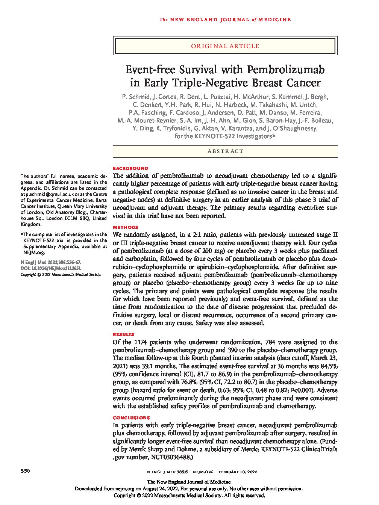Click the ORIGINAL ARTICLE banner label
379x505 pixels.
225,46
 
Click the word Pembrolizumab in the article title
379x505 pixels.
285,70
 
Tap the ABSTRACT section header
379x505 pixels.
225,151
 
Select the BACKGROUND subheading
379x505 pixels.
130,168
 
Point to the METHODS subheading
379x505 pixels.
126,227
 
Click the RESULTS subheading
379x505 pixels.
123,334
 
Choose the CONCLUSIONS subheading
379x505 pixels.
131,417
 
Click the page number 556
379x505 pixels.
26,471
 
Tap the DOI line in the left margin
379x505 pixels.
51,268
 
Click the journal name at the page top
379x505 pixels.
225,20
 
